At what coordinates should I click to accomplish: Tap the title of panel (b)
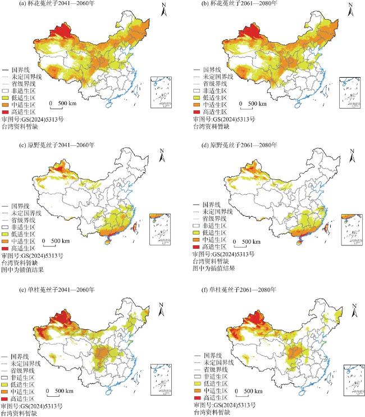(228, 5)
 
